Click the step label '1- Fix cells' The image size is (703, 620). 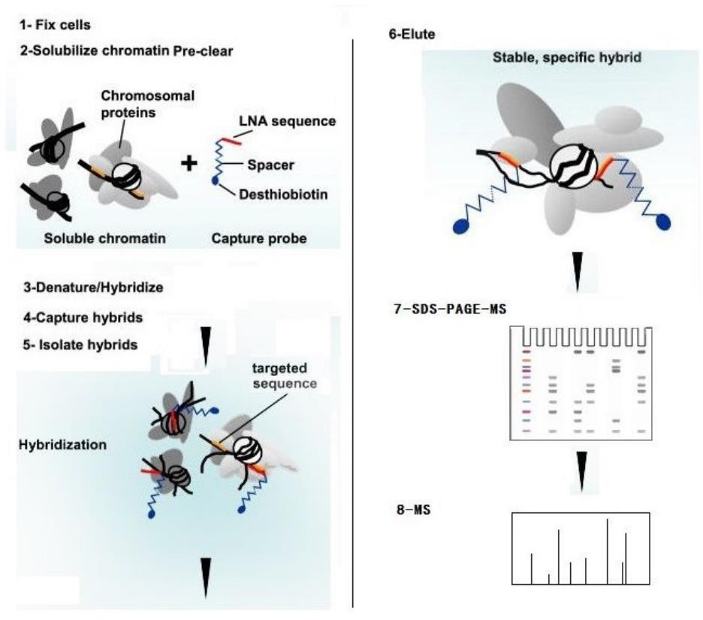point(56,25)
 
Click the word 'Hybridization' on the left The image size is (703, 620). point(62,444)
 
